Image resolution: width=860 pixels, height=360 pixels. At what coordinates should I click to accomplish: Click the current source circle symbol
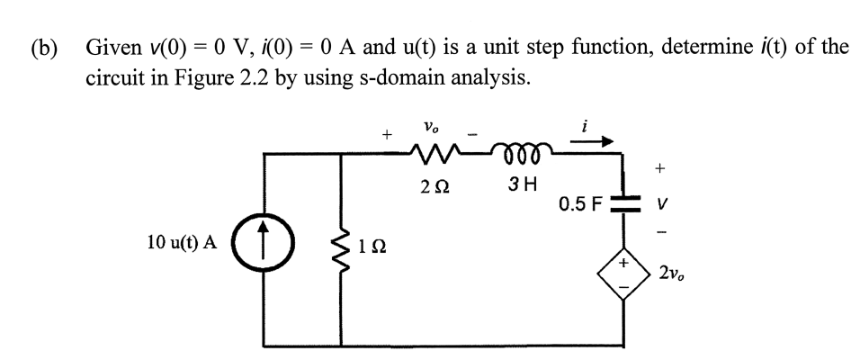tap(263, 244)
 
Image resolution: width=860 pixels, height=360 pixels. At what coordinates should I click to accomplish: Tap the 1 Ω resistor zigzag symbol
tap(342, 243)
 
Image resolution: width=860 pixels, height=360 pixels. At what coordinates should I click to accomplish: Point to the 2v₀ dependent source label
tap(675, 271)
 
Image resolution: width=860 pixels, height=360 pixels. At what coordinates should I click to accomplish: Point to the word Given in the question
tap(112, 47)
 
